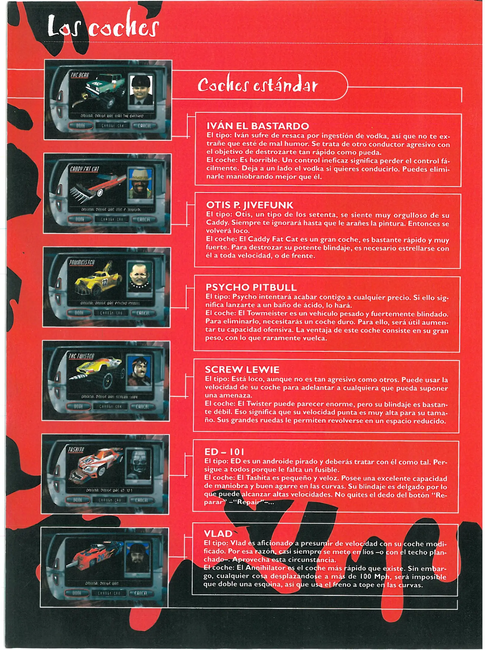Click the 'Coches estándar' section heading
pyautogui.click(x=257, y=85)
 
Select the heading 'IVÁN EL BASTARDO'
pyautogui.click(x=258, y=126)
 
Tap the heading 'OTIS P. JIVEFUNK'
pyautogui.click(x=249, y=205)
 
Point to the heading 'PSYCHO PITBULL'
pyautogui.click(x=251, y=287)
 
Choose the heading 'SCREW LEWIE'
pyautogui.click(x=242, y=370)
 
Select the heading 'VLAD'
pyautogui.click(x=218, y=534)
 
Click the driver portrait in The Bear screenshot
pyautogui.click(x=141, y=90)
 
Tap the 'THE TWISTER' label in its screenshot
pyautogui.click(x=81, y=356)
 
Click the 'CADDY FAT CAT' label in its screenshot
pyautogui.click(x=84, y=169)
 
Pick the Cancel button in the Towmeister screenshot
pyautogui.click(x=143, y=313)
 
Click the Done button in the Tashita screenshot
pyautogui.click(x=78, y=500)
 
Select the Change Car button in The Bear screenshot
pyautogui.click(x=112, y=125)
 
